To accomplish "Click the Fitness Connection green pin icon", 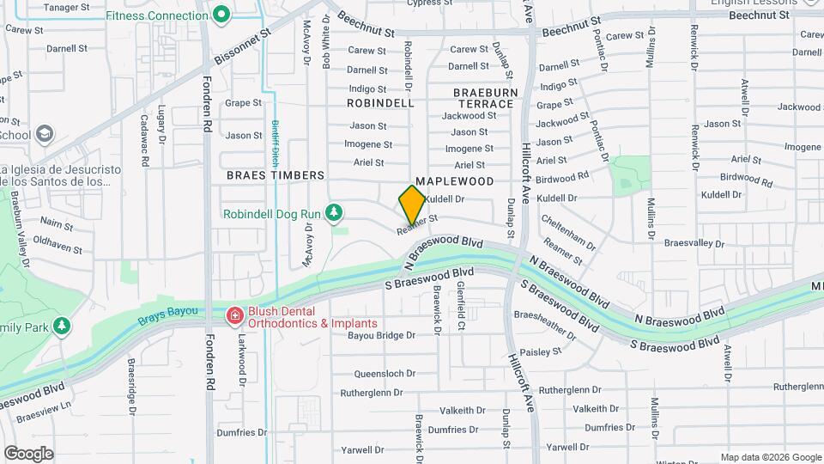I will click(x=221, y=15).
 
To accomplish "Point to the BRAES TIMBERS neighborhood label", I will click(x=276, y=174).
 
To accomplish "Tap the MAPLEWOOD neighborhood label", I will click(x=455, y=181).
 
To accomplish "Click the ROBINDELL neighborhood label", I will click(x=380, y=102).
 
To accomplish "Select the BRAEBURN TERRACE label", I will click(x=484, y=97).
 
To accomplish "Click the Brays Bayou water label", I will click(x=167, y=315).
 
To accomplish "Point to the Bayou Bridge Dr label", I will click(x=380, y=336).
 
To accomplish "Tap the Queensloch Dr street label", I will click(x=385, y=374).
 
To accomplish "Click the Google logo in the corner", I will click(x=28, y=453).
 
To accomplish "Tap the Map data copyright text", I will click(x=771, y=457).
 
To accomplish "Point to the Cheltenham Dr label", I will click(x=567, y=231).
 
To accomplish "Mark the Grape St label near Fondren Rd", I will click(x=243, y=103).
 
